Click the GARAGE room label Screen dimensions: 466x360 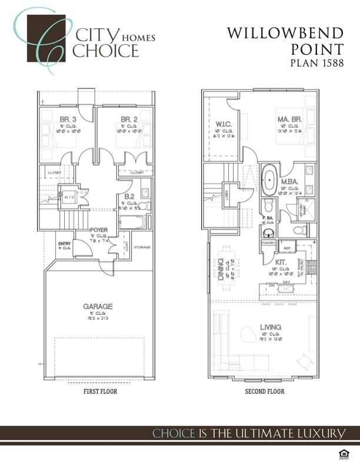click(x=97, y=306)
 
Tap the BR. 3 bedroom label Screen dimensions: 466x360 click(x=66, y=119)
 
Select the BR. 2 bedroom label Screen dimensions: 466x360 click(x=129, y=119)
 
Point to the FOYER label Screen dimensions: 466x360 click(x=98, y=231)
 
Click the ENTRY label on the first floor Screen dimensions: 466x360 click(x=64, y=244)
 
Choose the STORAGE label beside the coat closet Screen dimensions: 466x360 click(x=142, y=247)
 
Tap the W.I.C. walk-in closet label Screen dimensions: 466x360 click(x=222, y=124)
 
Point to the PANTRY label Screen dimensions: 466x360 click(x=269, y=242)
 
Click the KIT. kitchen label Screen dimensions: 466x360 click(x=281, y=262)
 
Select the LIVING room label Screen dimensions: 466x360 click(x=271, y=327)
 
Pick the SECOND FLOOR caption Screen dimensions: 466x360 click(x=264, y=391)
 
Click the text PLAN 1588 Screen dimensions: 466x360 click(x=316, y=63)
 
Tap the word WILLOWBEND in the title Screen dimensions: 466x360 click(x=285, y=34)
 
